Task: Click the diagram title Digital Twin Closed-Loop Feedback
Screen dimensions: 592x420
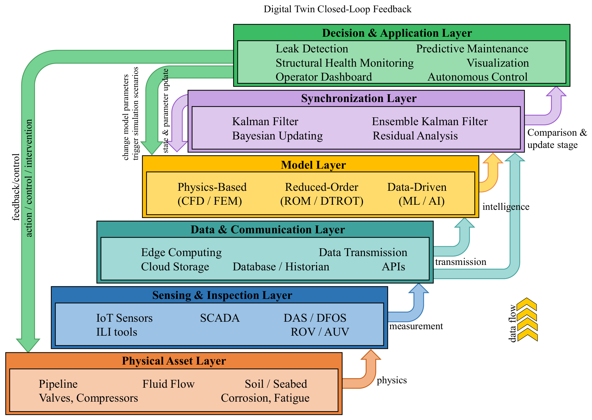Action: tap(337, 9)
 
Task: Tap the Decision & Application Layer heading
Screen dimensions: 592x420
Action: tap(397, 33)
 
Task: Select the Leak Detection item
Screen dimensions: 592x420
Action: tap(312, 49)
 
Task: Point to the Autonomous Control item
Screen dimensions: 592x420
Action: tap(477, 77)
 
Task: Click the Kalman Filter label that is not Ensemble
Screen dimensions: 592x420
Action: tap(265, 121)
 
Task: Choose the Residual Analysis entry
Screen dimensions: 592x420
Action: tap(415, 136)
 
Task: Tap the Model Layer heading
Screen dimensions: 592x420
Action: tap(313, 165)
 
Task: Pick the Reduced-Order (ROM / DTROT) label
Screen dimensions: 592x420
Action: tap(321, 194)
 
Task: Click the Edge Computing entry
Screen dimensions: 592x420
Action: tap(181, 252)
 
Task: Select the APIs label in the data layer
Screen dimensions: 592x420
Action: tap(393, 267)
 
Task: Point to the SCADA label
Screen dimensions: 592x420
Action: tap(220, 318)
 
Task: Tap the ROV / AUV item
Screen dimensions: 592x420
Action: tap(320, 332)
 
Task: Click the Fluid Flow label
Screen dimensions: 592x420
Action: tap(168, 384)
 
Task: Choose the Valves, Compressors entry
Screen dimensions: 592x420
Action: tap(88, 398)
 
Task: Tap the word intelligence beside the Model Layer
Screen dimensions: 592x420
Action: tap(506, 207)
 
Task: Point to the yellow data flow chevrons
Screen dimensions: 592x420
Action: tap(527, 320)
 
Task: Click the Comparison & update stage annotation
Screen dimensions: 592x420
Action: tap(557, 139)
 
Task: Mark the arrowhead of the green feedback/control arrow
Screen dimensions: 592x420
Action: tap(28, 346)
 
